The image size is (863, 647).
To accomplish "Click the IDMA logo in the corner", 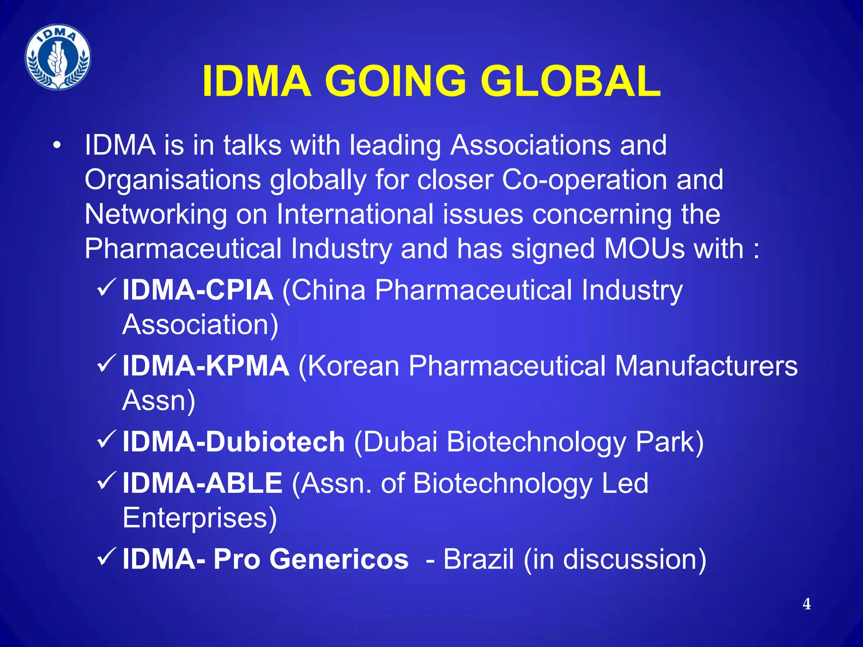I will pyautogui.click(x=58, y=57).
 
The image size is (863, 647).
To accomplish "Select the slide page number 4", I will pyautogui.click(x=807, y=604).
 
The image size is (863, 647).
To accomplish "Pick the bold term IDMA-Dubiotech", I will pyautogui.click(x=233, y=441).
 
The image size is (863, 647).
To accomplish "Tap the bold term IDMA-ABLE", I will pyautogui.click(x=202, y=483).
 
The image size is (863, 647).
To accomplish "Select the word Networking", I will pyautogui.click(x=155, y=214).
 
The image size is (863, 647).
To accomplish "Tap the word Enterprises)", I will pyautogui.click(x=200, y=517).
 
